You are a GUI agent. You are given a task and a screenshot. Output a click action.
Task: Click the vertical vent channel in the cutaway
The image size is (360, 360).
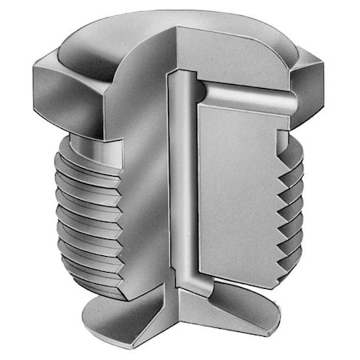tap(183, 184)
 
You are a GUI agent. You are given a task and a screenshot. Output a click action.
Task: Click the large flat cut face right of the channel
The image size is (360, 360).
tap(240, 192)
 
